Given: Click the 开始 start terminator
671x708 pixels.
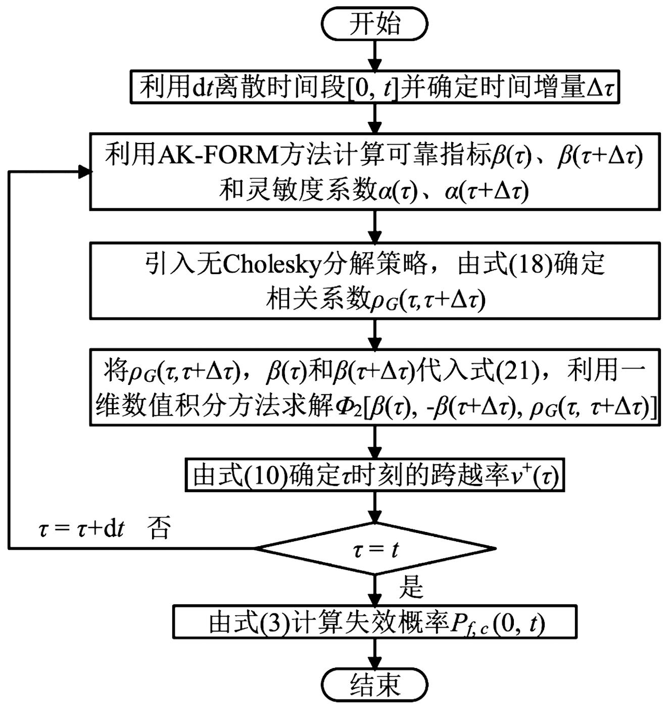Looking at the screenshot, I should click(x=374, y=23).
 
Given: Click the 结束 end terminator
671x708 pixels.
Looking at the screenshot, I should click(x=374, y=685).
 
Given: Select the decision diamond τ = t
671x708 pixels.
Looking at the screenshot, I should click(x=374, y=549).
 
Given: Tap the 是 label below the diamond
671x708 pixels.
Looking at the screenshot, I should click(x=411, y=587).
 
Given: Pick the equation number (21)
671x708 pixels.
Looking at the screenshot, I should click(x=516, y=370).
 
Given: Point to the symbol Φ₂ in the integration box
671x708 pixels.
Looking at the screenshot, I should click(x=348, y=407).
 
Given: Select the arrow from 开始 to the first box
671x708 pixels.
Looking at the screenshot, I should click(x=374, y=56).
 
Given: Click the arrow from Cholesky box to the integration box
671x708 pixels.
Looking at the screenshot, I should click(x=374, y=334).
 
